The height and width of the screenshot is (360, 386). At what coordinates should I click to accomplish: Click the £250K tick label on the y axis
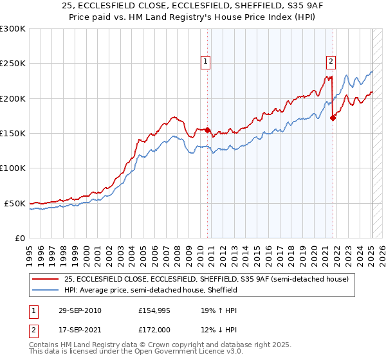click(x=13, y=64)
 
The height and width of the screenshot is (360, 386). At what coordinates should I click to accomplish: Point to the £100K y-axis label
click(x=13, y=168)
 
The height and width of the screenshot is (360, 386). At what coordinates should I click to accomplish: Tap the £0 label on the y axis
click(x=20, y=238)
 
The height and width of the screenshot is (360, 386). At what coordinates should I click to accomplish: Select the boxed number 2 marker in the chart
click(x=331, y=62)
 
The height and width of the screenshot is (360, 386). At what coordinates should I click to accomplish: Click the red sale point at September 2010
click(x=208, y=130)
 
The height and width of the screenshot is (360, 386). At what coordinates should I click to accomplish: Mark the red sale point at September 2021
click(x=333, y=118)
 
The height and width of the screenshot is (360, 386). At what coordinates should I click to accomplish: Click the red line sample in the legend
click(x=46, y=280)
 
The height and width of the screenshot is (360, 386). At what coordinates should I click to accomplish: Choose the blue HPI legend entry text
click(x=151, y=291)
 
